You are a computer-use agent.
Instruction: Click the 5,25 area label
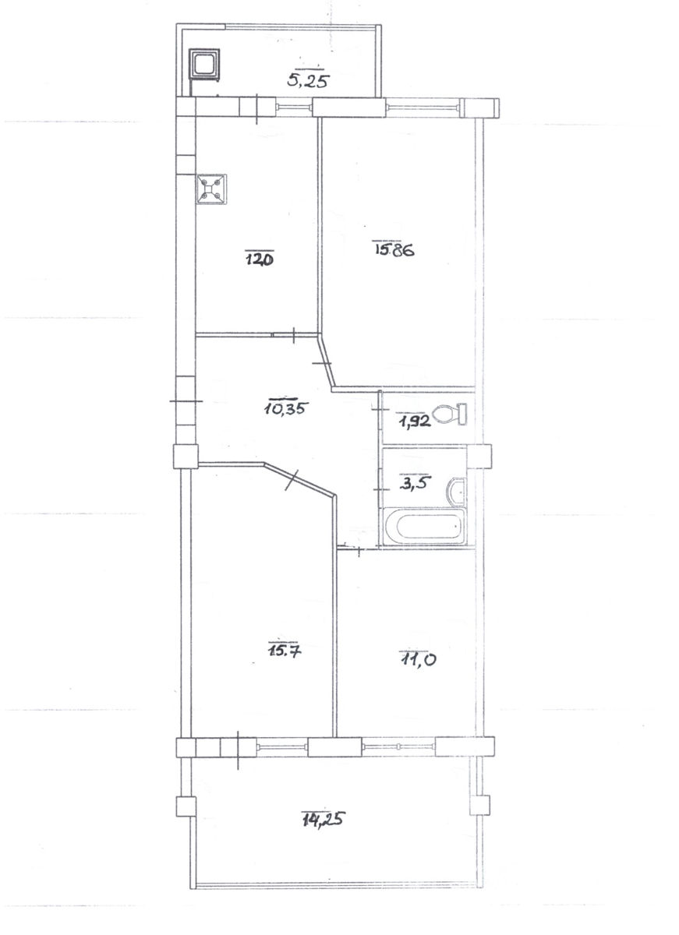coord(308,79)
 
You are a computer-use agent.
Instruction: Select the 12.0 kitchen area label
coord(260,259)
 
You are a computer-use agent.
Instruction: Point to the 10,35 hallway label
coord(286,408)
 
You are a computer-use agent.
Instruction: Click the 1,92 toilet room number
coord(415,422)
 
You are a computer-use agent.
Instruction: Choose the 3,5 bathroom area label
coord(415,482)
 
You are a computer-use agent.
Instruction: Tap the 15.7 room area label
coord(285,651)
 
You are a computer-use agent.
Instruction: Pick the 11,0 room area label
coord(418,659)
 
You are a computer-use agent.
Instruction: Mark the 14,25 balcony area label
coord(324,819)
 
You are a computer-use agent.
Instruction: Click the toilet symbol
coord(450,414)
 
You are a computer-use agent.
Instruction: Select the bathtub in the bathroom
coord(424,526)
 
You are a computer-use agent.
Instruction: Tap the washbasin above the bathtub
coord(456,492)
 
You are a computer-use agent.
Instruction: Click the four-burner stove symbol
coord(212,189)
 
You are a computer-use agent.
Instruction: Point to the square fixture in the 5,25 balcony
coord(203,63)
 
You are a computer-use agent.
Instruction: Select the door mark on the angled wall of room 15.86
coord(321,364)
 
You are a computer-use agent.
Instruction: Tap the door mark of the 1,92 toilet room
coord(380,411)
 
